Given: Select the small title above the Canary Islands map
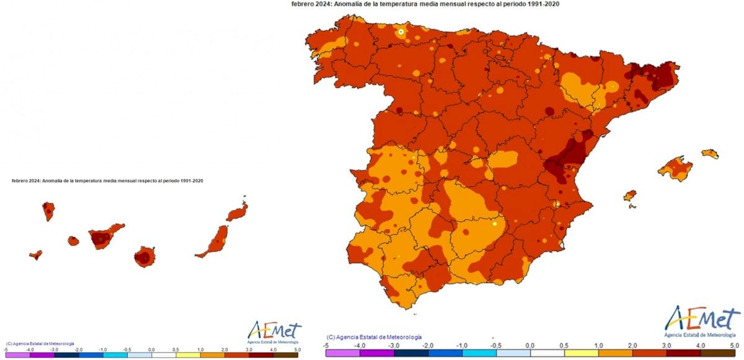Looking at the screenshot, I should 107,180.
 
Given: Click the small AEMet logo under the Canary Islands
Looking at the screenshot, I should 274,331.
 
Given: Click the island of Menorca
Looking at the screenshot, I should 710,153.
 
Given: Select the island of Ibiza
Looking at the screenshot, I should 629,197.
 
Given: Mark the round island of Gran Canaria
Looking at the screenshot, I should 144,256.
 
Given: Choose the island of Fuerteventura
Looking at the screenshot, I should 214,243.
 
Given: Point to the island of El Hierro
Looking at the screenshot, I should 35,254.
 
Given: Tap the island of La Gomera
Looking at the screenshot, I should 73,240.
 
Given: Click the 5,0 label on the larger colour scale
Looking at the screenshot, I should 733,345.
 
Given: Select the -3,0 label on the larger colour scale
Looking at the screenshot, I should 394,345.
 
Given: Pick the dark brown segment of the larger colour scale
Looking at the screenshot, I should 717,353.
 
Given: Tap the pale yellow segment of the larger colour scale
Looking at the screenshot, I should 581,353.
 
